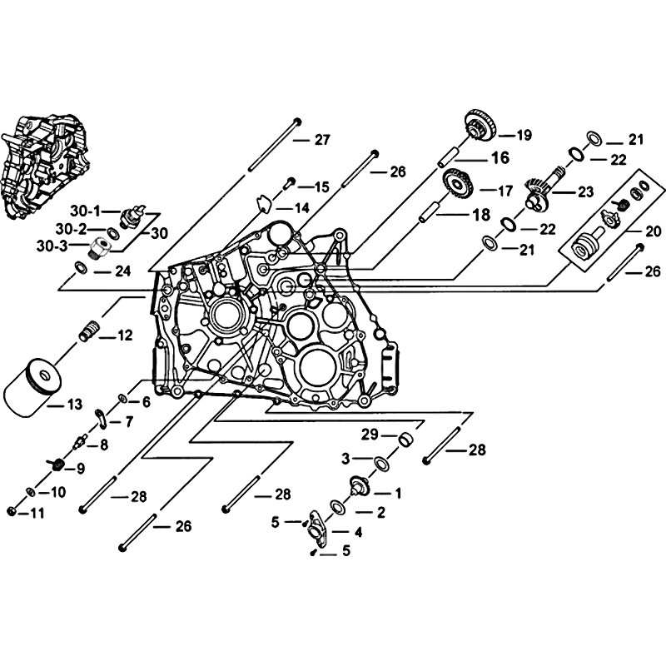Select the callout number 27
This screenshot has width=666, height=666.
point(321,140)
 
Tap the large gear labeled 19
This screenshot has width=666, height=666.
point(480,127)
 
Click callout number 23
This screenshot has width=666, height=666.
point(585,191)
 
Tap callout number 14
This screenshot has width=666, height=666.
point(300,206)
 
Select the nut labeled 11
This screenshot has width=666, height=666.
point(12,509)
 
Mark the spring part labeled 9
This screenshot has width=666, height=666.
point(57,462)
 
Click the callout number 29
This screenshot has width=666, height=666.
point(369,435)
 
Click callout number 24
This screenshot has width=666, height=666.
point(123,271)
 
